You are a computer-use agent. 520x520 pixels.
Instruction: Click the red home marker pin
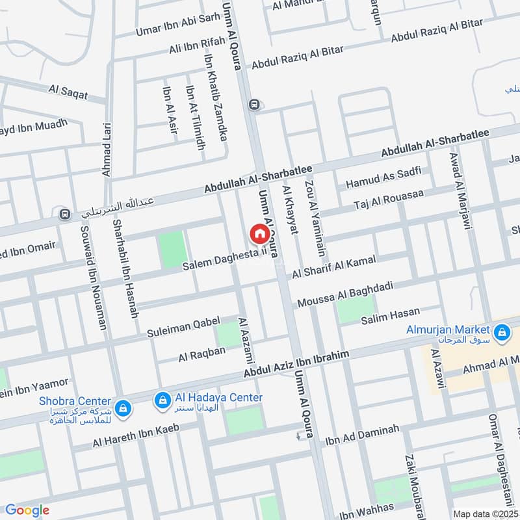click(x=258, y=233)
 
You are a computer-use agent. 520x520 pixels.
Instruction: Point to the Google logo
click(x=27, y=510)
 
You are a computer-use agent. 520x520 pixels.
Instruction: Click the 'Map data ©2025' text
click(x=484, y=513)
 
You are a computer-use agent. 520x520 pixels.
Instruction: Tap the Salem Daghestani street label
click(x=225, y=259)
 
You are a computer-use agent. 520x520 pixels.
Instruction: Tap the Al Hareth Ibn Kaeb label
click(x=135, y=435)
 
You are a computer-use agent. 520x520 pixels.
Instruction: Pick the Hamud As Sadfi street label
click(x=383, y=177)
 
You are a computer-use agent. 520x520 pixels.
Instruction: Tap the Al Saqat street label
click(x=68, y=93)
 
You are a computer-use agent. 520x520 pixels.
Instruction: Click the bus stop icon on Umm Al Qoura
click(x=253, y=104)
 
